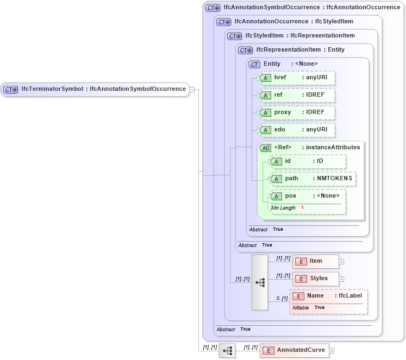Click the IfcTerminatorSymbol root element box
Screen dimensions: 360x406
(x=95, y=89)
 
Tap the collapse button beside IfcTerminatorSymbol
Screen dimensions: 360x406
(x=192, y=90)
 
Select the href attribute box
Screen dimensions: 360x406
(x=296, y=78)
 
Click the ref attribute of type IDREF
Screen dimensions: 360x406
(x=296, y=95)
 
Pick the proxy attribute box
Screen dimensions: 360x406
(x=296, y=112)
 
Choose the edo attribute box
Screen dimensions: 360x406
(x=296, y=130)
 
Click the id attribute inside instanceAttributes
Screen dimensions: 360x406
(x=308, y=161)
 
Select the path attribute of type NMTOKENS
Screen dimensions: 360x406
(x=313, y=179)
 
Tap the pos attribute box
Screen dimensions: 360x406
(x=308, y=196)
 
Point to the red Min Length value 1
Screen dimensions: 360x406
(x=302, y=208)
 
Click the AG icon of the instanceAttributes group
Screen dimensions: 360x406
(x=265, y=148)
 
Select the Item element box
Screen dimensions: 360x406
(x=315, y=262)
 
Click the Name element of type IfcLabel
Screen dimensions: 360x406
(x=328, y=296)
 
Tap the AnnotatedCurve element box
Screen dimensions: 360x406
(x=294, y=350)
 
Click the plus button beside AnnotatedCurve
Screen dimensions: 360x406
(x=332, y=351)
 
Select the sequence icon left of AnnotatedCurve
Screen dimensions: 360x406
(x=227, y=351)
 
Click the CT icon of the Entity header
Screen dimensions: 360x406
(x=254, y=64)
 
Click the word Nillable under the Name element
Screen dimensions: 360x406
(x=301, y=307)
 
